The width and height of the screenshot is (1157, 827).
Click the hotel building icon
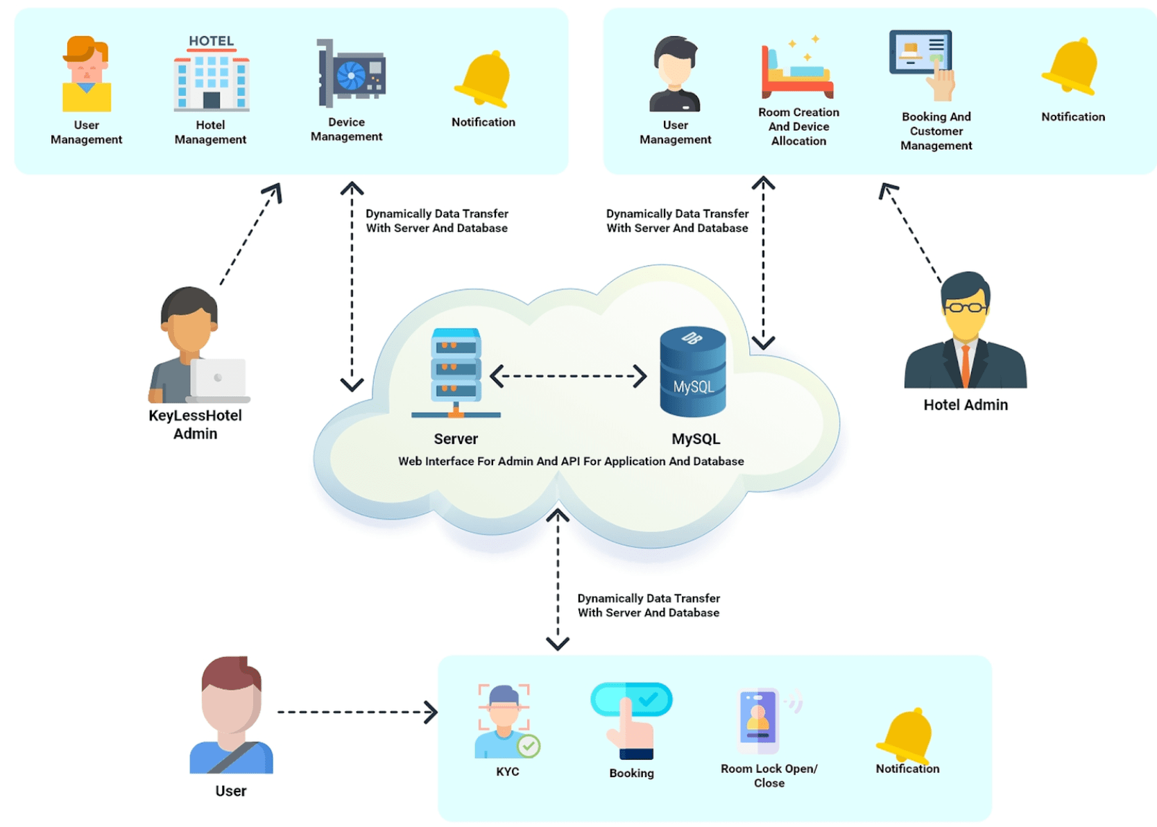coord(212,74)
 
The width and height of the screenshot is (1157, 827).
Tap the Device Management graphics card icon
coord(351,73)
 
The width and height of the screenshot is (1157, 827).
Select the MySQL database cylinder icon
coord(693,372)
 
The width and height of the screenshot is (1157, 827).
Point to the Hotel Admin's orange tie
coord(966,366)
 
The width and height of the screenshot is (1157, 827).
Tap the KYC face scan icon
coord(507,721)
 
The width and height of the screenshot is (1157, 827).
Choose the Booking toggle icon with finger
coord(631,721)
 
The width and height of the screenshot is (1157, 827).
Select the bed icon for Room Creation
coord(798,68)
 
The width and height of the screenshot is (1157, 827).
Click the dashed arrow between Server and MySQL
coord(568,376)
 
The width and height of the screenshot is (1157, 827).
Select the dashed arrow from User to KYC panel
coord(357,713)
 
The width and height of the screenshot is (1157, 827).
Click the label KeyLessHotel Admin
coord(195,425)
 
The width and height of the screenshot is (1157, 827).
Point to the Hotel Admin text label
coord(966,405)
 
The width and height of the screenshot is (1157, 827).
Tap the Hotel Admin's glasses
coord(965,307)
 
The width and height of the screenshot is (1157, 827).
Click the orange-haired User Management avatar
coord(86,74)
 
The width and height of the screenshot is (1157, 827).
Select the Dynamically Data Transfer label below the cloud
coord(649,606)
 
